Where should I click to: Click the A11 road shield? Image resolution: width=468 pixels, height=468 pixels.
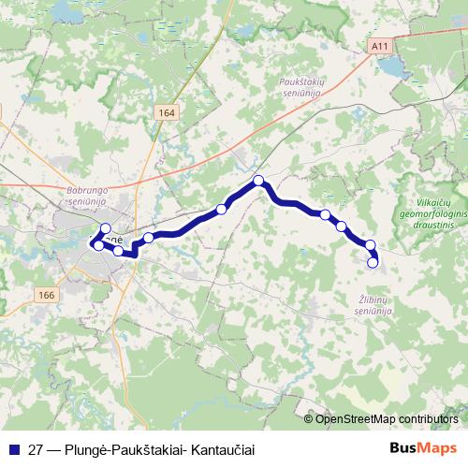[378, 43]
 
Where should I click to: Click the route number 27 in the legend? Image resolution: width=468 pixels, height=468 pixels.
[36, 448]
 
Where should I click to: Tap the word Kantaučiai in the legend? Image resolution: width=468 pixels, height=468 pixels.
[221, 448]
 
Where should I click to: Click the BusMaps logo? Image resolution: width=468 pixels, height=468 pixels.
[424, 447]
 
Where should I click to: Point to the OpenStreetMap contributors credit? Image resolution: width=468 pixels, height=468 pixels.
[387, 419]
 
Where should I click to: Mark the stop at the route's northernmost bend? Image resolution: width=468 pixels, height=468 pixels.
[258, 181]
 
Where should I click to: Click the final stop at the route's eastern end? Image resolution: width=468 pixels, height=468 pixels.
[373, 263]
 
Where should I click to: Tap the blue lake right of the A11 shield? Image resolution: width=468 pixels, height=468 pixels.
[393, 67]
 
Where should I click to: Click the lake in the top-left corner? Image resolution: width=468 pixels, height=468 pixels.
[66, 11]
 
